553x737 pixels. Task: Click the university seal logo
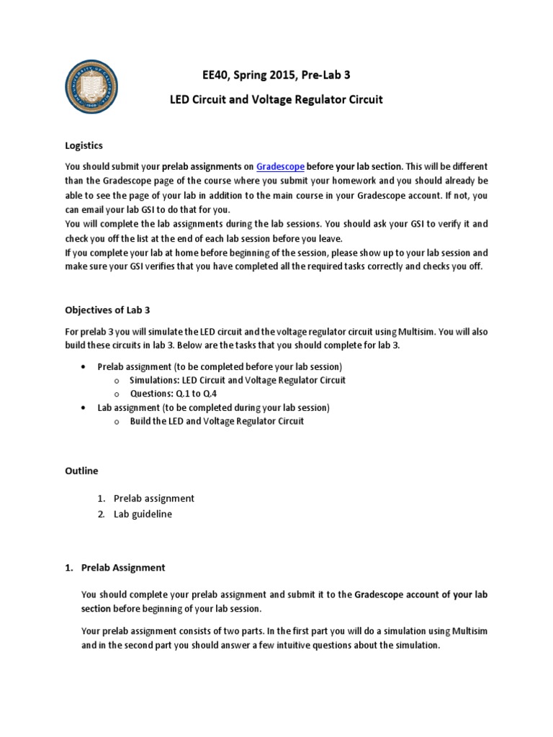click(91, 87)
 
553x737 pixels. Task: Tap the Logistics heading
click(84, 145)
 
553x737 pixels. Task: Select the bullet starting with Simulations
click(238, 380)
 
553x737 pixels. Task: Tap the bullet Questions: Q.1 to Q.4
click(174, 394)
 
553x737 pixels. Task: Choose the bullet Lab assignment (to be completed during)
click(213, 407)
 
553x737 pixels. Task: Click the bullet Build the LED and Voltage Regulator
click(217, 421)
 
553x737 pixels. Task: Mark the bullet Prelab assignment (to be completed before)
click(220, 366)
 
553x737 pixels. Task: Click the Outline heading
click(81, 471)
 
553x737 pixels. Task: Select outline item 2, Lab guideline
click(143, 514)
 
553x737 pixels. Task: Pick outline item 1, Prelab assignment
click(153, 498)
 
